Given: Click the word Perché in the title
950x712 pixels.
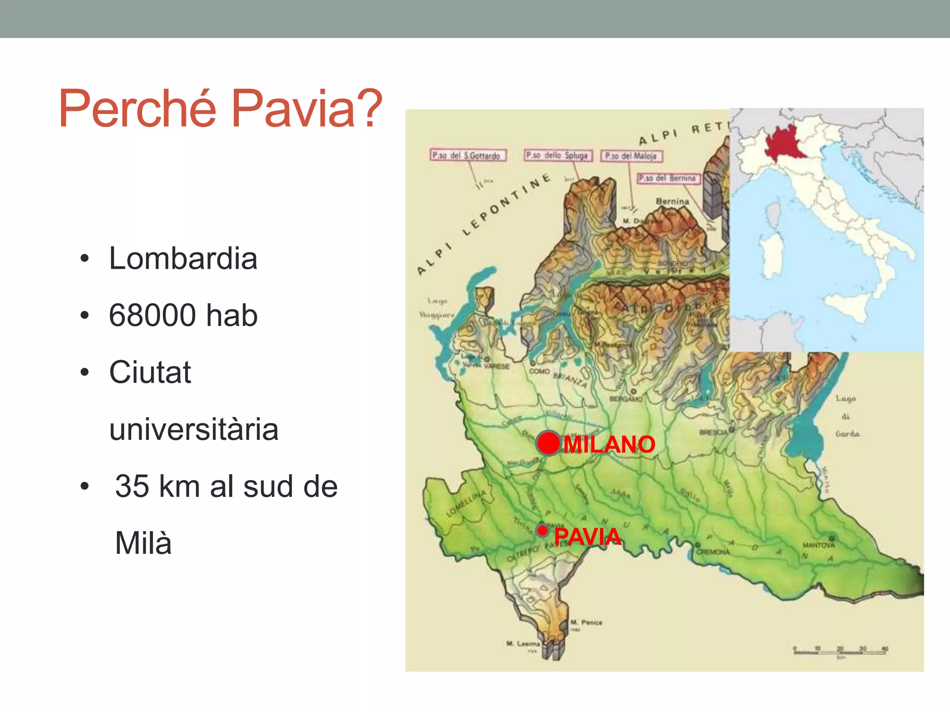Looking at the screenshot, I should [137, 108].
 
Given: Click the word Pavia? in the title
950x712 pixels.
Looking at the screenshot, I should [306, 108].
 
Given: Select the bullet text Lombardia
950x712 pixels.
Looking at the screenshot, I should [183, 258].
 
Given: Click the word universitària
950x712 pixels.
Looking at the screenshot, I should [193, 429].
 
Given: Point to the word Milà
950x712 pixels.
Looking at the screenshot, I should [143, 543].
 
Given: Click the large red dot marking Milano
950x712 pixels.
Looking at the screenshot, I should [549, 443].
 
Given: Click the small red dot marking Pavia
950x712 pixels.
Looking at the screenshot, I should [542, 530].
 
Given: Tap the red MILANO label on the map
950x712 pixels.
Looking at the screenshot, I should [609, 445].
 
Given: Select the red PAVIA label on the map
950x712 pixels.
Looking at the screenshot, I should [587, 537].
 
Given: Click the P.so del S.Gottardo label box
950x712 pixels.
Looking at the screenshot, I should [467, 155].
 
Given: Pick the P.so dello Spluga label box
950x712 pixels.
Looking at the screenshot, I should [558, 155].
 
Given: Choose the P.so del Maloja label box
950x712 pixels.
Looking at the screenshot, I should [631, 156].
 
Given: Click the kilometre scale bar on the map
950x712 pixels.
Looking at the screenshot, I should [840, 651].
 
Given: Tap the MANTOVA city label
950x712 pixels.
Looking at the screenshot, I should [818, 546].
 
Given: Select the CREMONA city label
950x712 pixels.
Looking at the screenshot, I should [713, 552].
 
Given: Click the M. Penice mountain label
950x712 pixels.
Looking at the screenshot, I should [586, 623].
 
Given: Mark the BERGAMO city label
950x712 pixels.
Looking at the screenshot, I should [625, 399].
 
